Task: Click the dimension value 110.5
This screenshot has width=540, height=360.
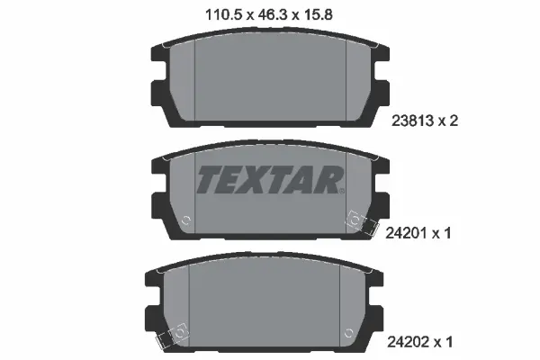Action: click(210, 13)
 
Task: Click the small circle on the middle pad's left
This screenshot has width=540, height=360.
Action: click(186, 219)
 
